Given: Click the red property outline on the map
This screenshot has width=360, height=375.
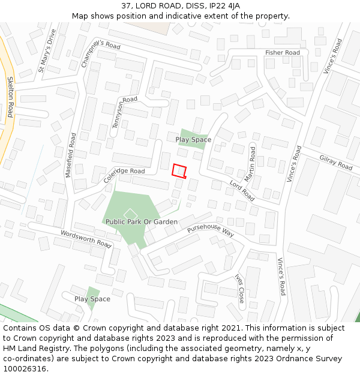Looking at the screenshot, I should [x=179, y=171].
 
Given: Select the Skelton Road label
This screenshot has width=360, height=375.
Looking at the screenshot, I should [x=10, y=97].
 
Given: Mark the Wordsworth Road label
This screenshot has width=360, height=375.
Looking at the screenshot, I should [x=86, y=239].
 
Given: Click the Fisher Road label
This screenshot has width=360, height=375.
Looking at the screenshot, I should [x=283, y=53].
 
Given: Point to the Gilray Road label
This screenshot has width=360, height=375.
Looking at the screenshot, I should [x=335, y=161].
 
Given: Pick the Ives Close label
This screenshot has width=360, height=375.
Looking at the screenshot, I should [x=240, y=289].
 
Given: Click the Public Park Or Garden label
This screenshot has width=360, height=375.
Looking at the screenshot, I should [x=142, y=222].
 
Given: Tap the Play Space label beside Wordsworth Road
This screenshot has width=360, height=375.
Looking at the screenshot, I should [x=92, y=299].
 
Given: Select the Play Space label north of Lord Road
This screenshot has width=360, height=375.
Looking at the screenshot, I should [x=193, y=140].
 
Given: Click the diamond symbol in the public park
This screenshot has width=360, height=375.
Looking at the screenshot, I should [x=130, y=213].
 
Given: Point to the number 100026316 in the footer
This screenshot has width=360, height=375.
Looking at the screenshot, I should [x=25, y=369].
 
